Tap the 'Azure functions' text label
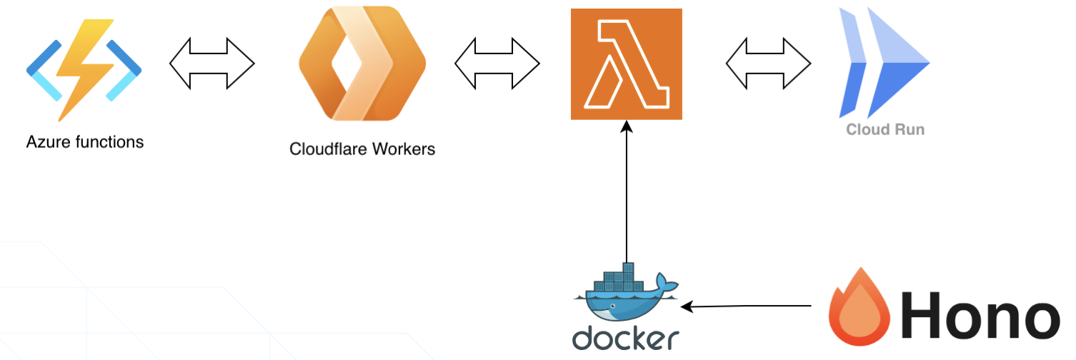[x=85, y=142]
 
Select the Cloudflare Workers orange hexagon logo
[x=362, y=64]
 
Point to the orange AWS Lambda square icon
[x=627, y=64]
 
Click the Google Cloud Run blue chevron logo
[x=884, y=63]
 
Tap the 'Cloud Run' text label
[x=885, y=129]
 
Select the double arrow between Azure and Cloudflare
[x=212, y=64]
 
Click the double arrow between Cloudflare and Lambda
[x=497, y=64]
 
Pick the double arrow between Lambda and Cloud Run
[x=769, y=64]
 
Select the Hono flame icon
[x=860, y=308]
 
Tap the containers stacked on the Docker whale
[x=619, y=280]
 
